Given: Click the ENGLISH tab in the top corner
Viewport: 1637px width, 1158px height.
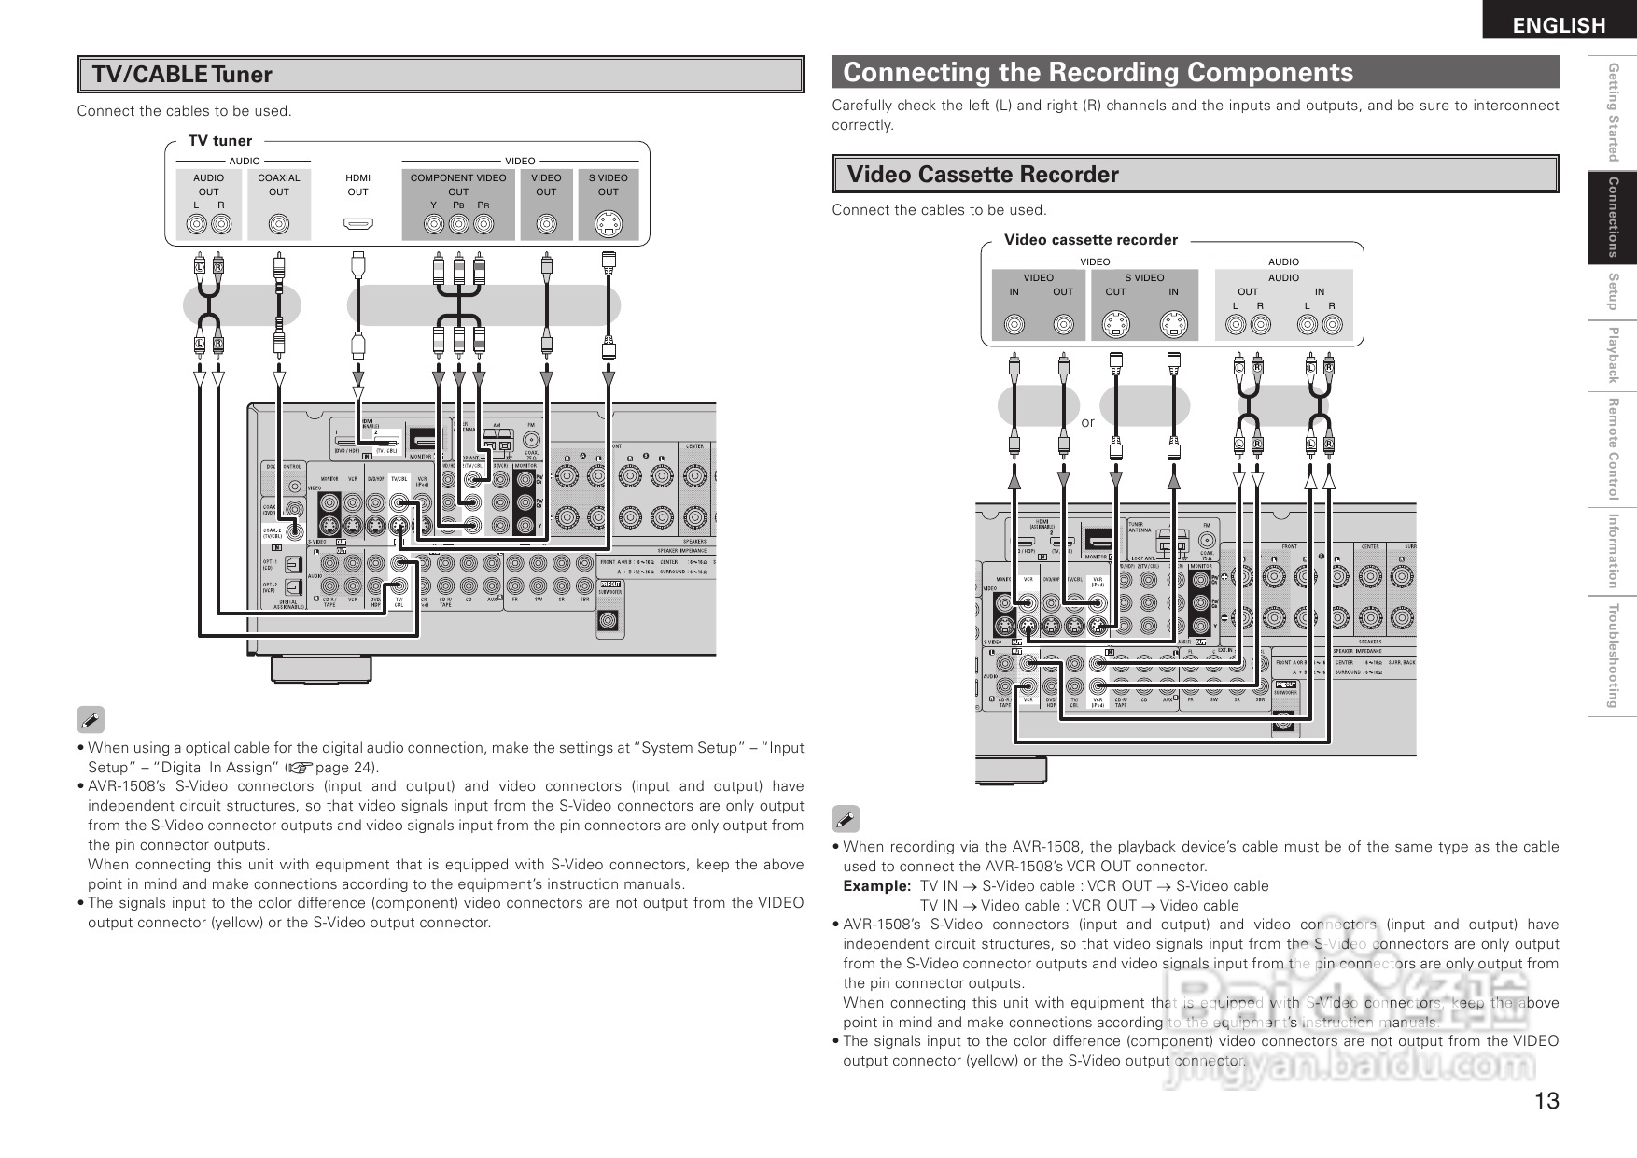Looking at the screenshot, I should click(x=1559, y=24).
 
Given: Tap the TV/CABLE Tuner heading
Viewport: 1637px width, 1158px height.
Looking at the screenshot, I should click(x=182, y=75).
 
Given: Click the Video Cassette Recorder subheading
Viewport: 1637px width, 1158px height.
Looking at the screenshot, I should click(x=982, y=175).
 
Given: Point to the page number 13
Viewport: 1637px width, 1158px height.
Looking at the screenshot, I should click(x=1546, y=1101).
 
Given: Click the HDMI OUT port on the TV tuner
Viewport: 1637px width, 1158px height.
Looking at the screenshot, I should click(x=358, y=224).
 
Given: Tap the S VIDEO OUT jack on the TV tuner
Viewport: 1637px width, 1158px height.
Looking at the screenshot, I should click(x=609, y=224).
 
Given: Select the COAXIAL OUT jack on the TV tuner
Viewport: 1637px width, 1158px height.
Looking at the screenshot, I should click(x=278, y=224).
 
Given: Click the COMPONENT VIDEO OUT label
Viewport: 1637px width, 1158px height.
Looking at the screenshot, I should click(x=458, y=184).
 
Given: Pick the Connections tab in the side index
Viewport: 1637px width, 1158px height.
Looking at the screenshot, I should click(x=1612, y=217).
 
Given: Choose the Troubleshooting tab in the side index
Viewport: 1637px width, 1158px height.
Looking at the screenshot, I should click(x=1612, y=656).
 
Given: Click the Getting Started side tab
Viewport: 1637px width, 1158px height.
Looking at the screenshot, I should click(x=1612, y=111).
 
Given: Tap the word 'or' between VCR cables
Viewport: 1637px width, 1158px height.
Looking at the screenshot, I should click(x=1088, y=422).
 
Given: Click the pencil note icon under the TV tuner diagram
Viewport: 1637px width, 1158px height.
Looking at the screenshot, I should click(x=91, y=720).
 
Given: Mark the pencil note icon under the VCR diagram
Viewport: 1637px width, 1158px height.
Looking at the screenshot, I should click(x=846, y=820).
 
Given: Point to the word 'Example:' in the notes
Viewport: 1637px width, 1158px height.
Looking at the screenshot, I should click(x=876, y=885).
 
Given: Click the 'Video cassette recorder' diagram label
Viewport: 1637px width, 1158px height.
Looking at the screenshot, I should click(x=1090, y=240).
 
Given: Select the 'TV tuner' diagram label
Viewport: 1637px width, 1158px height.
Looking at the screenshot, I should click(x=220, y=141).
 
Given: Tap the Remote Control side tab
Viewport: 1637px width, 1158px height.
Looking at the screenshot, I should click(x=1612, y=449).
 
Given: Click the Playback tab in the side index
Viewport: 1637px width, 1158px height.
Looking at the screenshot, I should click(x=1612, y=355).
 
